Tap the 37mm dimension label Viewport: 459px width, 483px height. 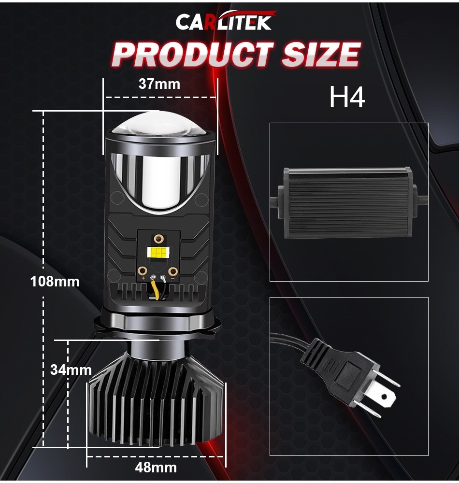pyautogui.click(x=159, y=84)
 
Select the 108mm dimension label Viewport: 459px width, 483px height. pyautogui.click(x=55, y=281)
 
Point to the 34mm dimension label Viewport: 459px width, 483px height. pyautogui.click(x=71, y=370)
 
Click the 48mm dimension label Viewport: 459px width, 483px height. pyautogui.click(x=157, y=468)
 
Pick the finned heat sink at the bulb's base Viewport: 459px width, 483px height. pyautogui.click(x=156, y=406)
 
